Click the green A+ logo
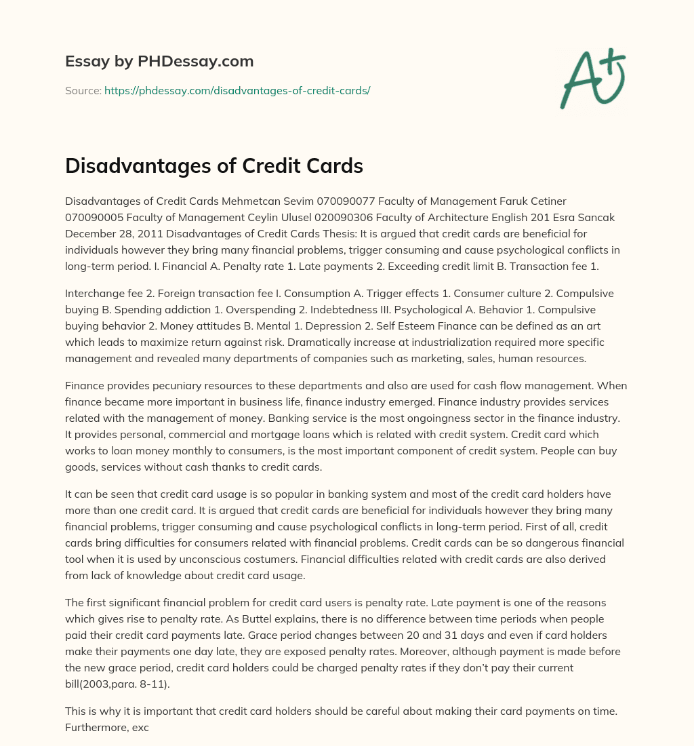tap(592, 78)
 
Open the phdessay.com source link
tap(237, 90)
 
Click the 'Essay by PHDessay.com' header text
tap(159, 62)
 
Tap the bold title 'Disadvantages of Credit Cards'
tap(214, 166)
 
